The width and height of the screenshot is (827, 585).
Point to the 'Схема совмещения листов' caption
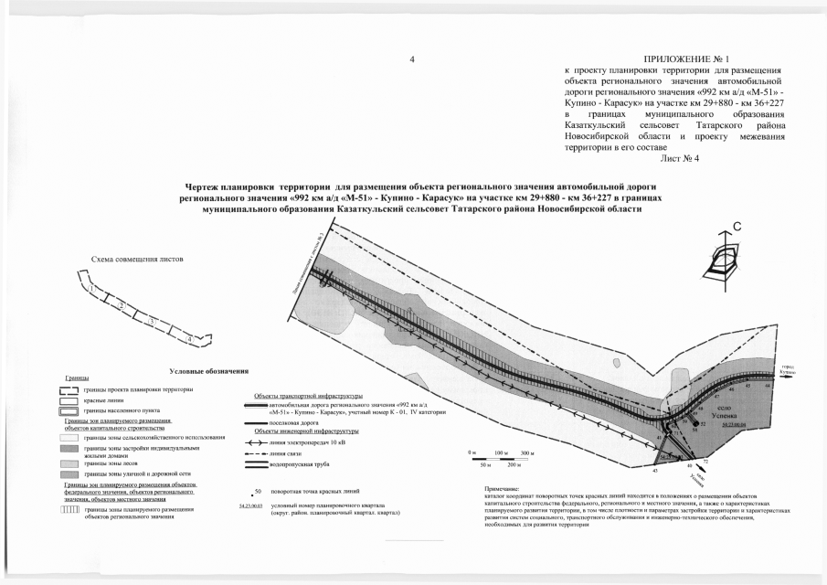(x=137, y=260)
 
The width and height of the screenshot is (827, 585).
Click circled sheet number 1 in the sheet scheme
(x=93, y=288)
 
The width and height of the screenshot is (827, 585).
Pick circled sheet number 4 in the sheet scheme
(x=188, y=338)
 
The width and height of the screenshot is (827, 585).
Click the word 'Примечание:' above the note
(x=504, y=489)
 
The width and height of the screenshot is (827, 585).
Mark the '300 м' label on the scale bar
(x=527, y=453)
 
